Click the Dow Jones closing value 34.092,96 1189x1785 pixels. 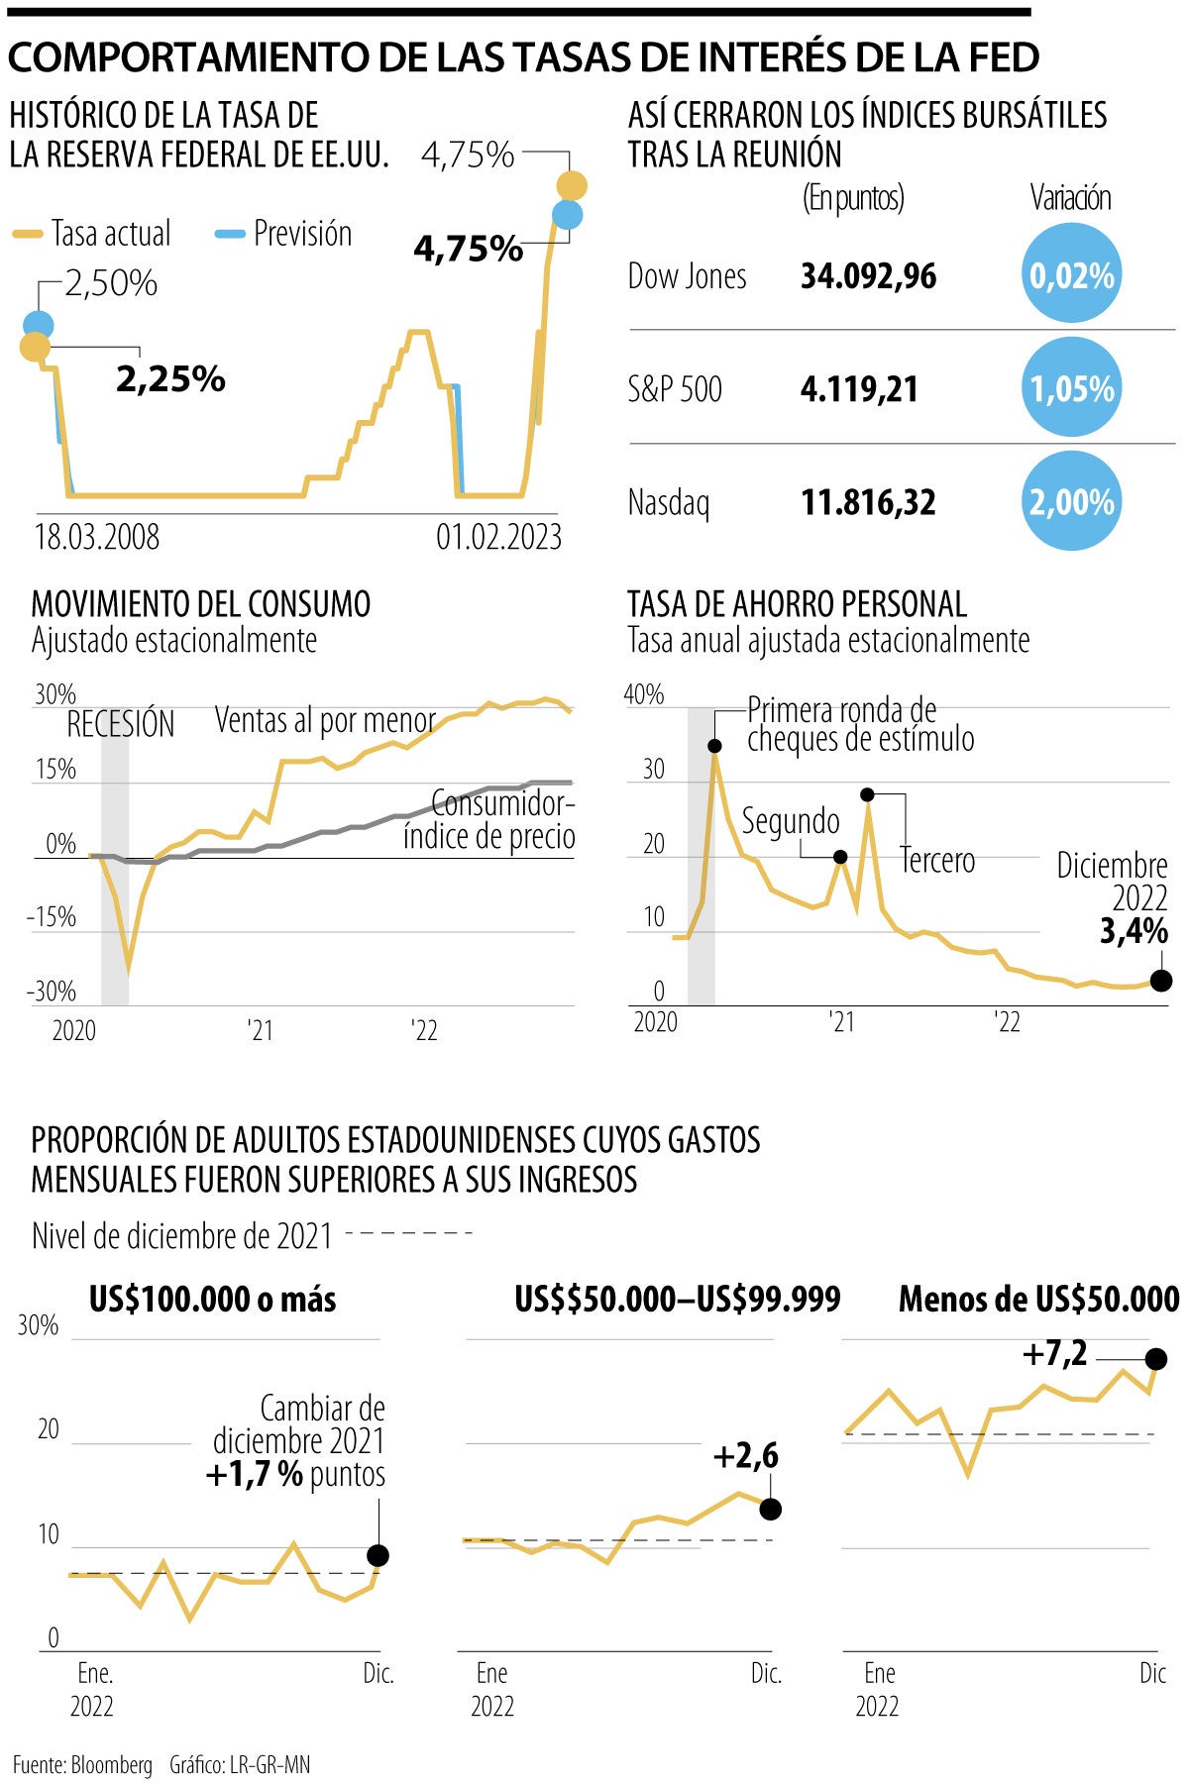(868, 276)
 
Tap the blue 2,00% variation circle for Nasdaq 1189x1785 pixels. (1071, 501)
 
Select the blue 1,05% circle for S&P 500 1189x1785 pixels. (1071, 388)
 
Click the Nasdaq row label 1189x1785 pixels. (669, 502)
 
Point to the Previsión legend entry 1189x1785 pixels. (284, 234)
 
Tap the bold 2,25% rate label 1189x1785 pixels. (170, 378)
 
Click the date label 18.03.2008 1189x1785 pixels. (97, 537)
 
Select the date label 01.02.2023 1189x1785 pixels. (498, 537)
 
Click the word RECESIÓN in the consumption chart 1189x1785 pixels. (120, 725)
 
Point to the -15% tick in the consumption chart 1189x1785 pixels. (52, 917)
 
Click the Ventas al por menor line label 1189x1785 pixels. (325, 720)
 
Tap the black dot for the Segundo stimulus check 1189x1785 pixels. (840, 857)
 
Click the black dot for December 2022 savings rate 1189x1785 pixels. (1161, 981)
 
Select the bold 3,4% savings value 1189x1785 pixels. (1134, 931)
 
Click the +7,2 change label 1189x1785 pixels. (1054, 1353)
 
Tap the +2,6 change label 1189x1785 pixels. (745, 1456)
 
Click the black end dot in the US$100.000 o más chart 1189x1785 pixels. (378, 1555)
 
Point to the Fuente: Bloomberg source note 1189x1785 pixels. (83, 1764)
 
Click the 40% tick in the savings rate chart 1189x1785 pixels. (644, 694)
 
